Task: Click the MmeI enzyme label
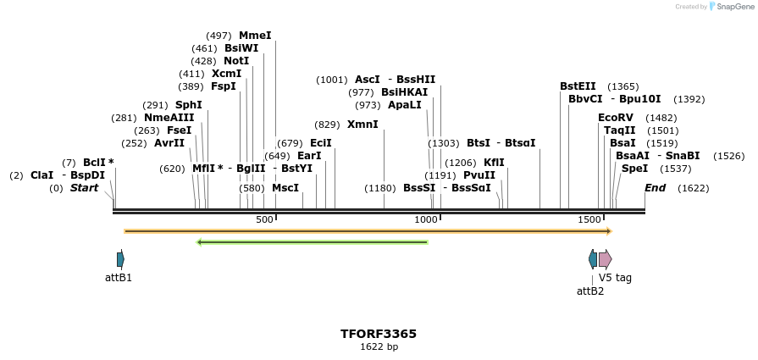point(255,36)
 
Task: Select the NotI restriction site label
point(236,61)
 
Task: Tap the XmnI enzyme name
point(362,125)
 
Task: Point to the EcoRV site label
point(615,118)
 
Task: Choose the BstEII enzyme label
point(578,86)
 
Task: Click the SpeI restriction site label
point(634,169)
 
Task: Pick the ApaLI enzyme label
point(404,105)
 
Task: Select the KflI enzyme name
point(494,163)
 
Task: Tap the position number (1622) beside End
point(693,188)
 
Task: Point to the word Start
point(84,188)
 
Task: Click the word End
point(655,188)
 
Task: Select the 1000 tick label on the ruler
point(426,219)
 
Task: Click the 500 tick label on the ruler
point(264,219)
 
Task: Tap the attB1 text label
point(119,278)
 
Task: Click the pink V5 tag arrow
point(605,259)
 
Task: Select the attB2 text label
point(590,291)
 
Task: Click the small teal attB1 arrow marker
point(120,259)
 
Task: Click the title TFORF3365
point(379,334)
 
